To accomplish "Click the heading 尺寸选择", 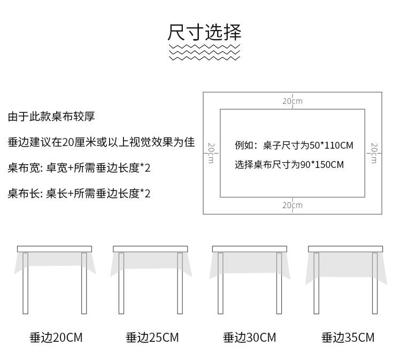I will click(x=204, y=32).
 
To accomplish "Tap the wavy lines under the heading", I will click(x=204, y=52).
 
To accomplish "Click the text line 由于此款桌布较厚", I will click(x=51, y=117).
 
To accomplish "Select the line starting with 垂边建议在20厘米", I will click(x=101, y=143).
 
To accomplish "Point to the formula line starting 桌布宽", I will click(x=79, y=168).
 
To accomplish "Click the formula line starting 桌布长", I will click(x=79, y=193).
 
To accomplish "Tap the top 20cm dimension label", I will click(x=292, y=101).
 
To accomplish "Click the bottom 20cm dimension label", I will click(x=292, y=205).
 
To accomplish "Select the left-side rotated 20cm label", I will click(x=211, y=153).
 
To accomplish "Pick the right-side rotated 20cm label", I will click(x=374, y=153).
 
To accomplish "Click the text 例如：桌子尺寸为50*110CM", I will click(x=294, y=145).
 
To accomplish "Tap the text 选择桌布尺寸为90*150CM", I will click(x=289, y=165).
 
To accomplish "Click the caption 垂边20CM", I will click(x=56, y=338).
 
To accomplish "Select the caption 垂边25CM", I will click(x=152, y=338).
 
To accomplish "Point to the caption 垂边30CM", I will click(x=250, y=338).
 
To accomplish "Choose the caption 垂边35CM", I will click(x=348, y=338).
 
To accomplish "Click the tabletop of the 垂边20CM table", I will click(x=55, y=249).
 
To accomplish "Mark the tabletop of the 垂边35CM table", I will click(x=345, y=249).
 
